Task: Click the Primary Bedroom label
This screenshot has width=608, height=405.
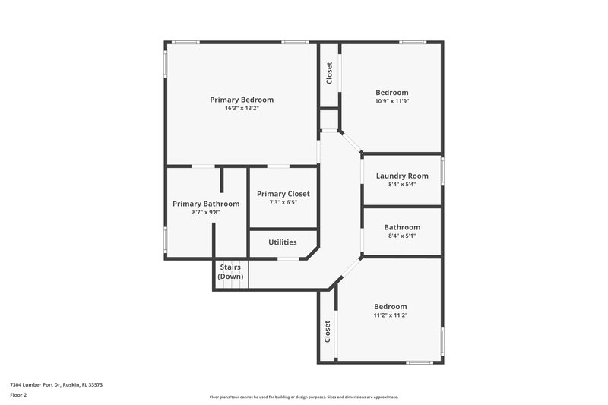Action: coord(242,100)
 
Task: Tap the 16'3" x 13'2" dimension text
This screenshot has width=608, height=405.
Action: coord(242,109)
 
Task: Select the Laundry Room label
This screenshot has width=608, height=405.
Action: coord(402,176)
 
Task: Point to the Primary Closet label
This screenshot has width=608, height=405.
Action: coord(283,194)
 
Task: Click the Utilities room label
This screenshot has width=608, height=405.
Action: coord(282,242)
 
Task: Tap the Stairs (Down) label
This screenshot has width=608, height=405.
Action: coord(230,272)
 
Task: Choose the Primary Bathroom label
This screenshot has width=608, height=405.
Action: coord(206,204)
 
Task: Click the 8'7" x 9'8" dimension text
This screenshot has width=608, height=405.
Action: coord(206,213)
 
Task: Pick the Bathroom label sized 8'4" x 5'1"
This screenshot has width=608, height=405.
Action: coord(402,227)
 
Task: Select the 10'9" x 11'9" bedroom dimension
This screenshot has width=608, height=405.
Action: coord(391,101)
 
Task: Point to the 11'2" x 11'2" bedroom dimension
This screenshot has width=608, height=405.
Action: coord(391,315)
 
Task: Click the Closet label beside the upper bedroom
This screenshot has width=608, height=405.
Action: coord(329,73)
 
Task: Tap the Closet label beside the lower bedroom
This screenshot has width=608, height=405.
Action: coord(328,331)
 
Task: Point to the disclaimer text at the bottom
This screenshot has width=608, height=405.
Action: coord(304,397)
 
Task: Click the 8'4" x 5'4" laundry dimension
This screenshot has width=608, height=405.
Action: coord(402,184)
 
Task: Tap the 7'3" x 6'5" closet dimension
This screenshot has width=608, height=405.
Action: coord(283,203)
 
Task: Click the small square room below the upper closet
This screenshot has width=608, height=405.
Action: coord(328,119)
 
